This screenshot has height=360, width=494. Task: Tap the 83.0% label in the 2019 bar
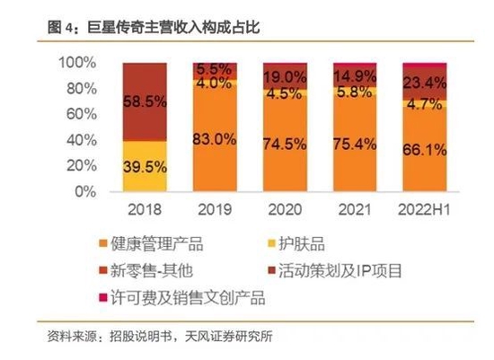[x=215, y=139]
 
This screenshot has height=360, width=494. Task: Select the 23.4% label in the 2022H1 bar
[x=424, y=83]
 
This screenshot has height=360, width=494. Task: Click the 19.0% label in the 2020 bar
[x=285, y=77]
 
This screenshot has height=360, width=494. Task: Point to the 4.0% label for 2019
[x=215, y=83]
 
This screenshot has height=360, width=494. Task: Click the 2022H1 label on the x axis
[x=424, y=208]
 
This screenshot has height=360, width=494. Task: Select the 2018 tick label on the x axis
[x=144, y=208]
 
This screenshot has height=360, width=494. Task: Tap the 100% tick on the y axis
[x=76, y=63]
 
